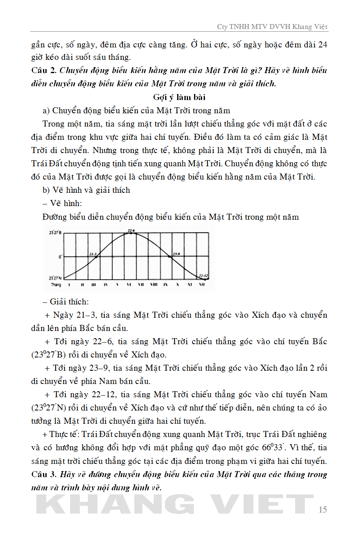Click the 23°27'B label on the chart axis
(x=56, y=233)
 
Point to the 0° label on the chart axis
(x=60, y=256)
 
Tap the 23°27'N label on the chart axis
(x=56, y=278)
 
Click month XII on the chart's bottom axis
(x=202, y=285)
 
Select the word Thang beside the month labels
(x=56, y=285)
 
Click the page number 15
(x=323, y=510)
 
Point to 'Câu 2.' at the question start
(x=43, y=71)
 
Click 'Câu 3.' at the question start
(x=43, y=475)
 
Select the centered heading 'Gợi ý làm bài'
(x=179, y=97)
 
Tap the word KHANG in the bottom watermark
(x=115, y=504)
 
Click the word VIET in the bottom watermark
(x=261, y=504)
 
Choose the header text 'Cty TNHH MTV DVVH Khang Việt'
(x=272, y=27)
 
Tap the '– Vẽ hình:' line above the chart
(x=62, y=204)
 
